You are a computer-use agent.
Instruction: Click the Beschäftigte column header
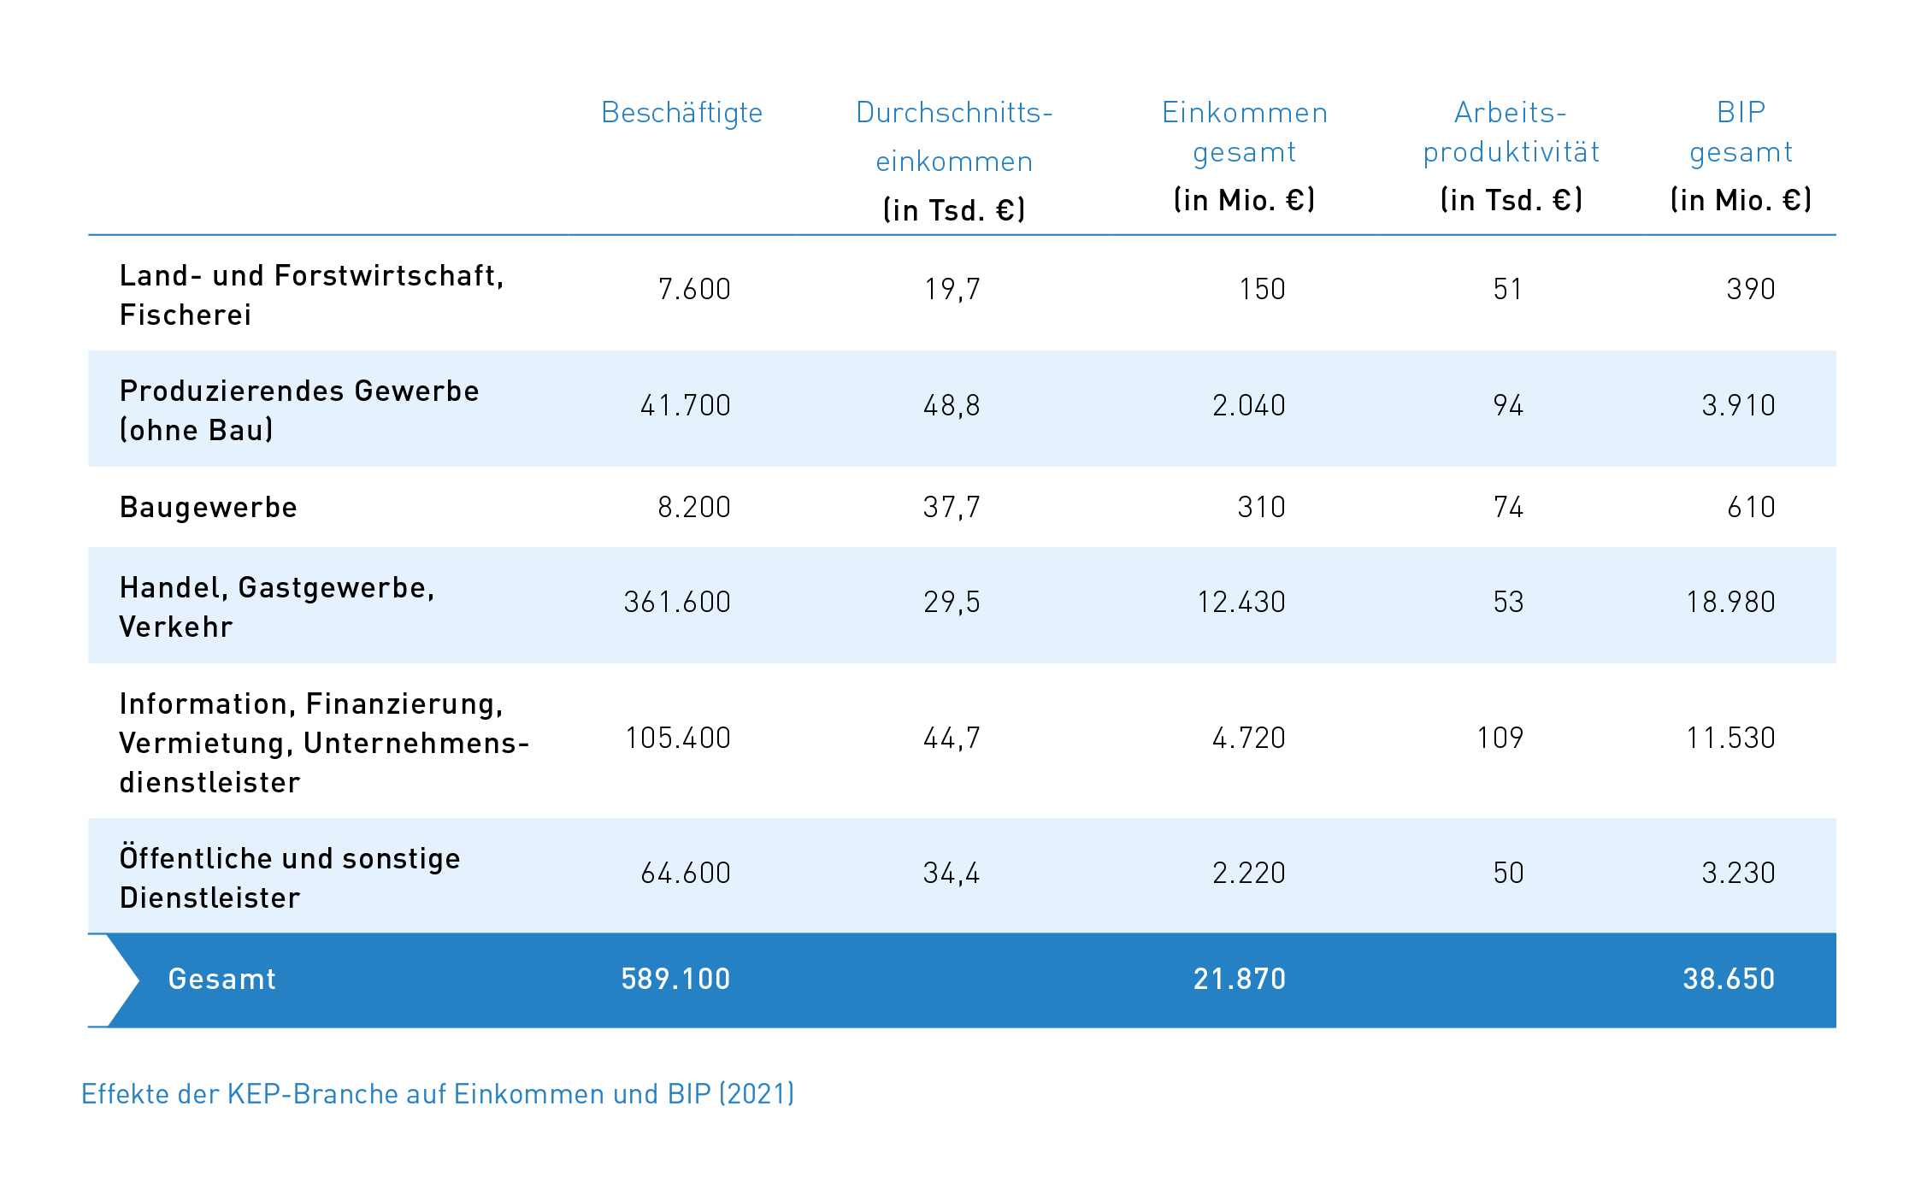pos(681,113)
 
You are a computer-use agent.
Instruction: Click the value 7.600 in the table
pos(694,290)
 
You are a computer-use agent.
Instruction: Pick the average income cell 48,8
pos(952,405)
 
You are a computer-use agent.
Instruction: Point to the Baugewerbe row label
pos(209,508)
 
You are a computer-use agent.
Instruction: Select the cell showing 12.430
pos(1241,603)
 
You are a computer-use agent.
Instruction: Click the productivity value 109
pos(1500,739)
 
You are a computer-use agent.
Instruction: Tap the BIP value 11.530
pos(1730,739)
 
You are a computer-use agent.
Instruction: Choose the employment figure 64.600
pos(686,874)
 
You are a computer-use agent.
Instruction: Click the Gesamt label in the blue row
pos(222,980)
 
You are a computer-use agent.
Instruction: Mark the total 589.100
pos(675,980)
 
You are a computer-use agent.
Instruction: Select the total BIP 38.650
pos(1729,980)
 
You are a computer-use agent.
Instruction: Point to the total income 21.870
pos(1240,980)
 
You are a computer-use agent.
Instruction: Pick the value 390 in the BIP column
pos(1751,290)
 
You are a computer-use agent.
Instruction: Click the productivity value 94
pos(1508,405)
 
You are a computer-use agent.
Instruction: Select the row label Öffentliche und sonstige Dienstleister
pos(290,879)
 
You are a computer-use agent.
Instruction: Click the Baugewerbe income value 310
pos(1261,508)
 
